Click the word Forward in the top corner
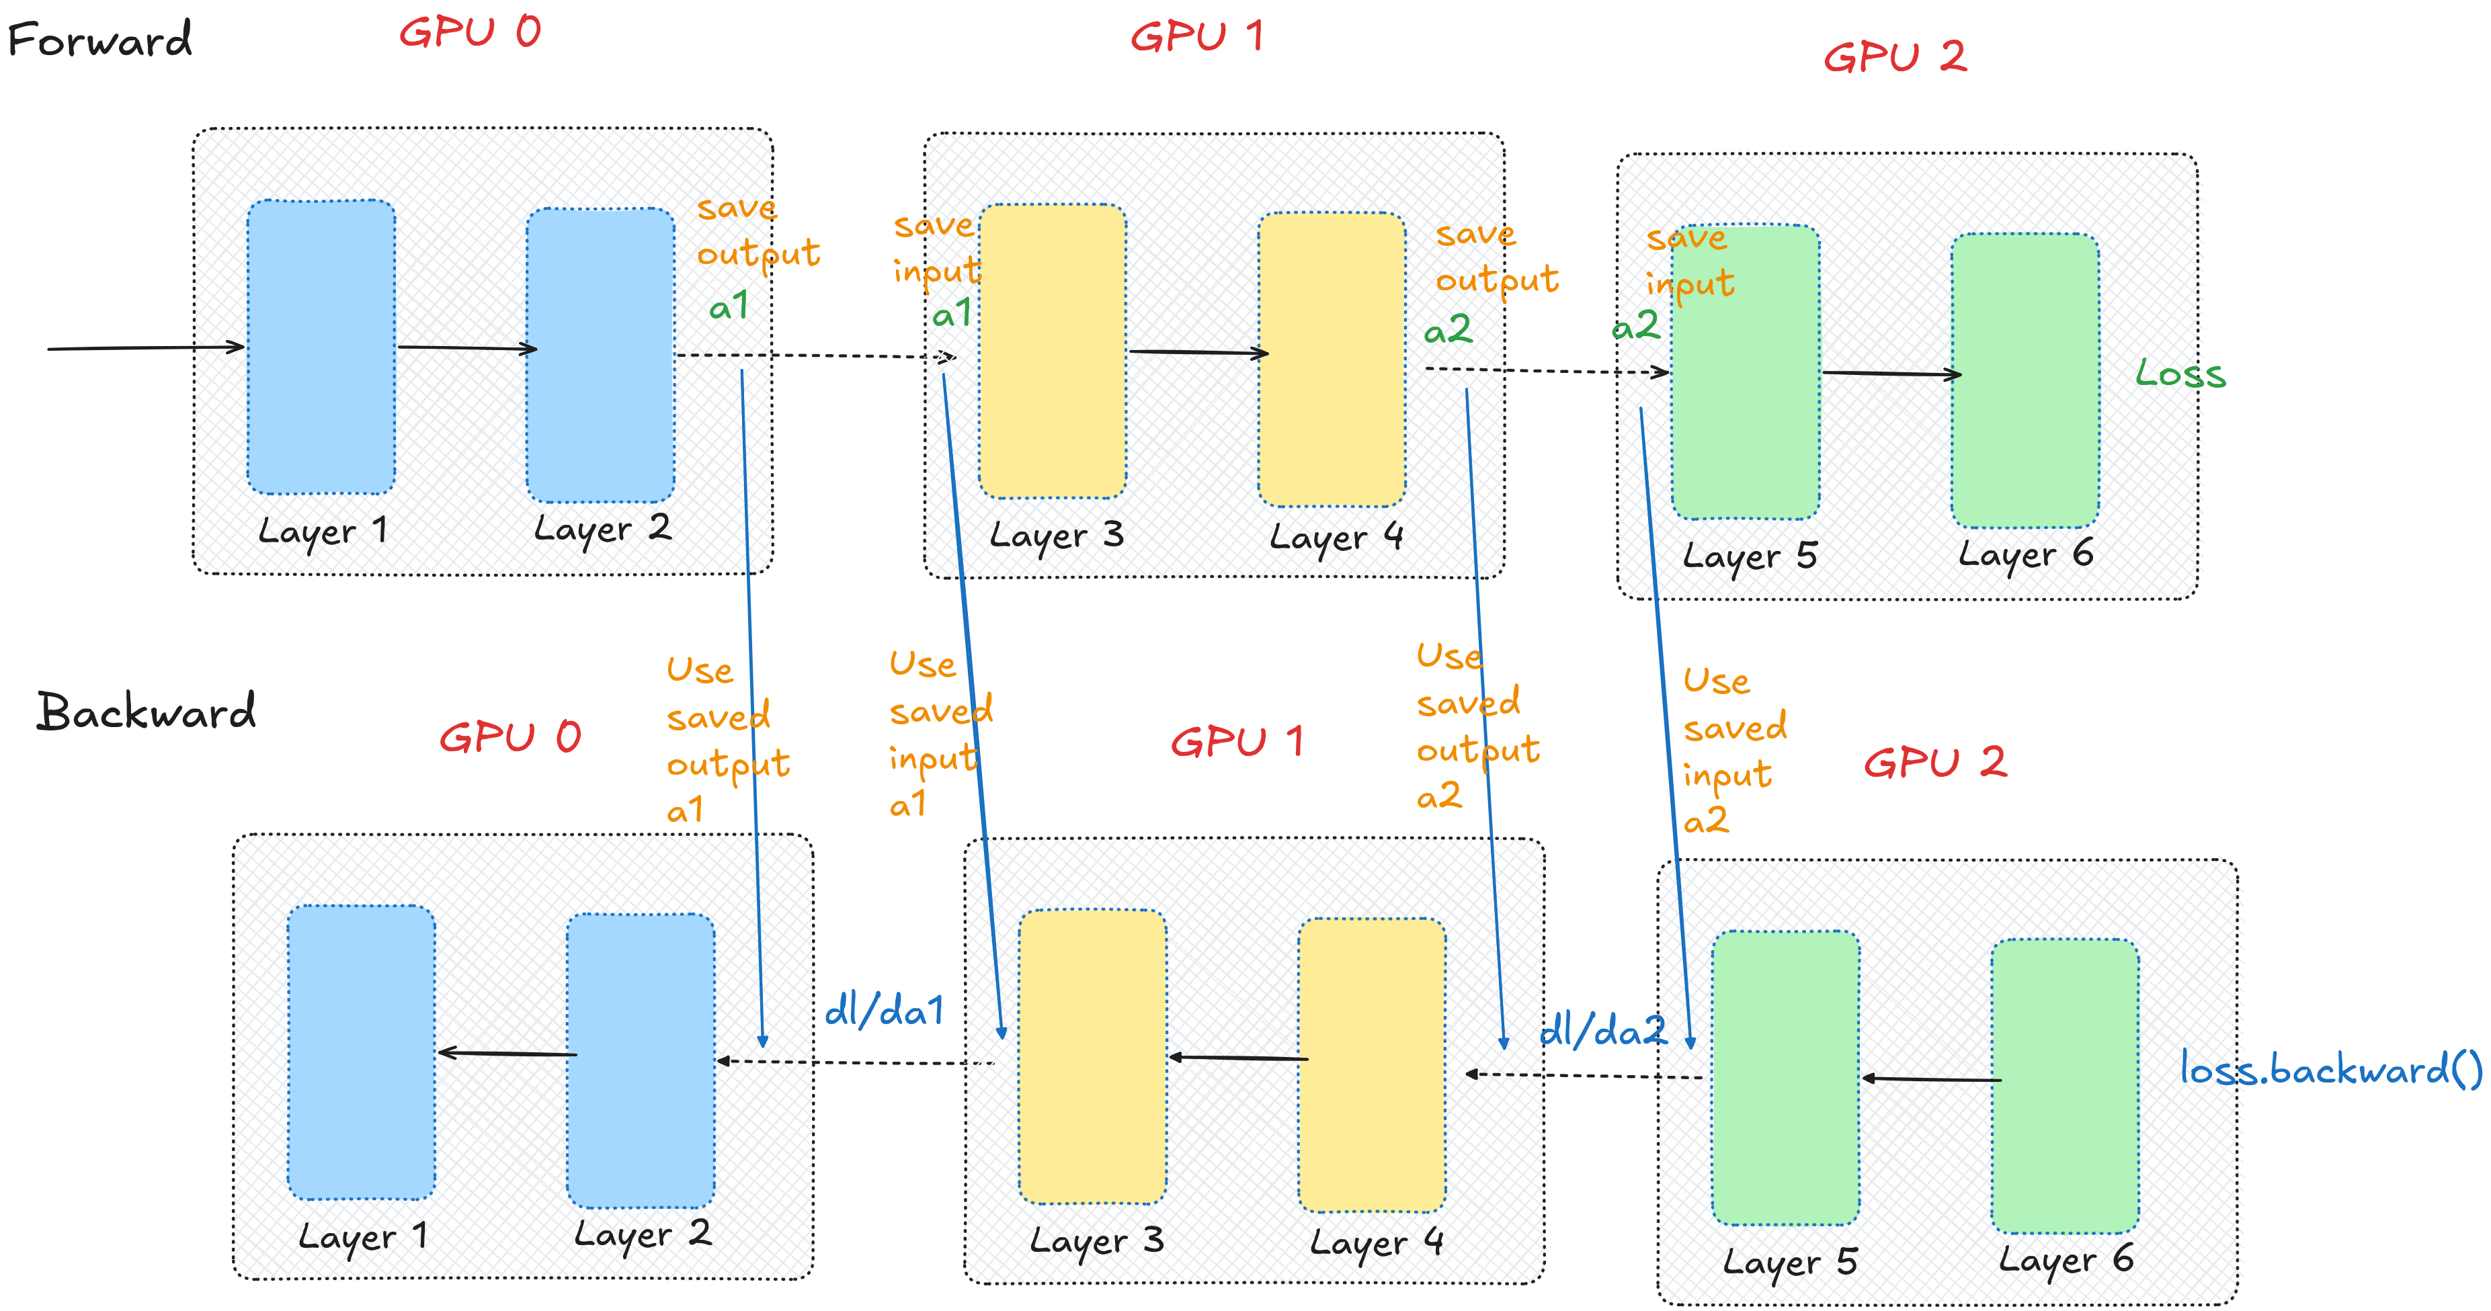tap(99, 40)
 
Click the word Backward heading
tap(146, 712)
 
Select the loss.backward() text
tap(2330, 1069)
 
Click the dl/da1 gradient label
tap(884, 1011)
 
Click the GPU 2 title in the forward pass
tap(1894, 57)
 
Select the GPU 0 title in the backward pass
tap(509, 738)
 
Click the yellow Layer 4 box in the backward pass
tap(1371, 1064)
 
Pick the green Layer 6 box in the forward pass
tap(2025, 380)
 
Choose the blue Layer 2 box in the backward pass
tap(640, 1060)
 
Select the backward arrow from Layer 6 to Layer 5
tap(1931, 1079)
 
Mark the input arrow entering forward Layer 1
tap(145, 347)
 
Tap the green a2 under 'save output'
tap(1448, 331)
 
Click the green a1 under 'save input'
tap(952, 313)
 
